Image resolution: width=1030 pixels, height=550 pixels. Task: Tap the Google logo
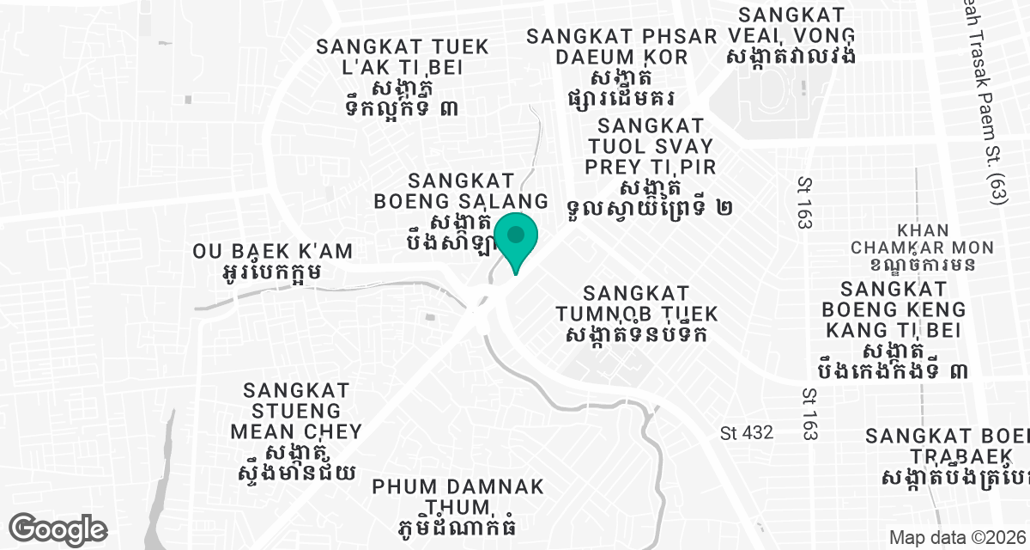[x=58, y=528]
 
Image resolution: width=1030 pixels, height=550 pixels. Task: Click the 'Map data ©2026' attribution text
[x=956, y=538]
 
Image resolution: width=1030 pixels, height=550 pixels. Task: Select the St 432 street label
[x=747, y=432]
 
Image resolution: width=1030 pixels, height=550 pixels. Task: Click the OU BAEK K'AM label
[x=273, y=252]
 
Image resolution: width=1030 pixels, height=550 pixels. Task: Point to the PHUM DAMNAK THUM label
[x=458, y=496]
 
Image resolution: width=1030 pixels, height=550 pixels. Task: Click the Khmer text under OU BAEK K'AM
[x=271, y=273]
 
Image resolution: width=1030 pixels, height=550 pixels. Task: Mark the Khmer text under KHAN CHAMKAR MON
[x=923, y=263]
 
